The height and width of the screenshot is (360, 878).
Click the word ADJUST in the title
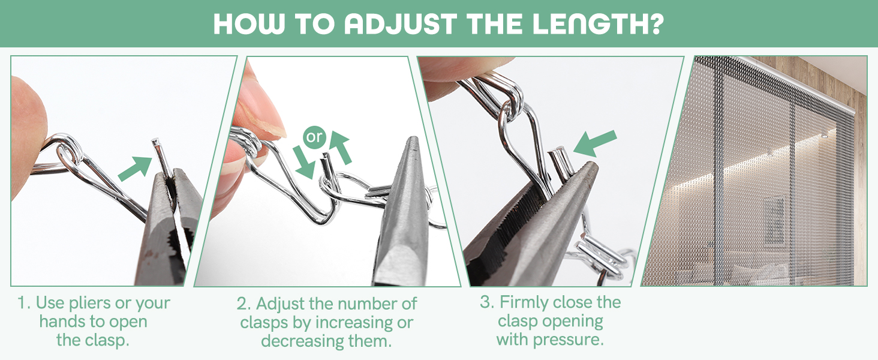400,24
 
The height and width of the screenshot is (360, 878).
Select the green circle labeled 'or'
314,137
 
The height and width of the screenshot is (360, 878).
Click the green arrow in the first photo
135,168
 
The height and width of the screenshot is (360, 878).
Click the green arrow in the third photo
594,144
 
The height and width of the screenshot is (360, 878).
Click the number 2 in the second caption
242,304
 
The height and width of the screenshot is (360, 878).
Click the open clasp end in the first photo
155,141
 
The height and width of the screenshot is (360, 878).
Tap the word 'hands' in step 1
63,322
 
